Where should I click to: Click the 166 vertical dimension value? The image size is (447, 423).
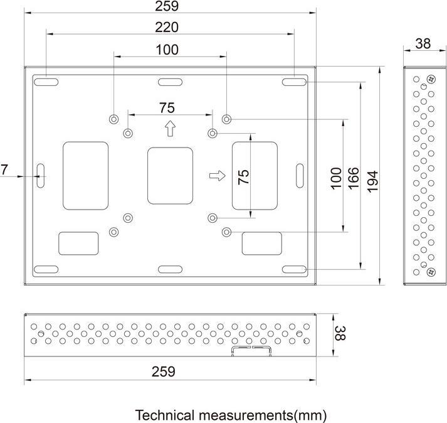353,179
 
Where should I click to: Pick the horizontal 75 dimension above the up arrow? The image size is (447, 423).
167,107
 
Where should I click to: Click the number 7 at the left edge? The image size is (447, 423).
4,169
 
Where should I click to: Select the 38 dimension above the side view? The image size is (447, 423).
423,43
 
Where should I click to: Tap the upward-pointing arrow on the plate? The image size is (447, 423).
169,129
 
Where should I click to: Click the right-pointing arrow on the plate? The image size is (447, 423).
217,176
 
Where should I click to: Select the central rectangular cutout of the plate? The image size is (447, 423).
169,176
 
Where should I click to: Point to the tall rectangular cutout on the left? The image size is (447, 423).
85,176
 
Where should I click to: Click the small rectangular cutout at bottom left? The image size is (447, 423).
78,243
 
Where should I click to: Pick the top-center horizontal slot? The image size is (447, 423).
169,82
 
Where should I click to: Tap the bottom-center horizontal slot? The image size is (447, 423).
169,269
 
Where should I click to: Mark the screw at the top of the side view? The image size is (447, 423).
430,79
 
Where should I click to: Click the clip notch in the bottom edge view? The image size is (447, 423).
251,349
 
